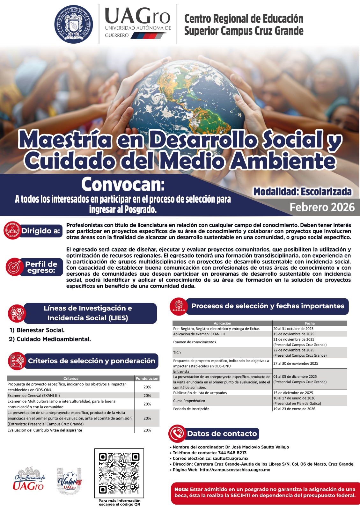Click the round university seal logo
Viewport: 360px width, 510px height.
(73, 24)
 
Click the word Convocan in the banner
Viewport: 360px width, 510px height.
(123, 184)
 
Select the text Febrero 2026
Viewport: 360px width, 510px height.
(322, 207)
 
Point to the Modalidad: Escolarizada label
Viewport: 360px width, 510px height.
(302, 192)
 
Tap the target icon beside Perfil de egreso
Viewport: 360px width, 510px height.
(14, 267)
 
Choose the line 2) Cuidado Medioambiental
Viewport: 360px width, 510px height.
(50, 339)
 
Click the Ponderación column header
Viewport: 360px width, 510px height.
(147, 378)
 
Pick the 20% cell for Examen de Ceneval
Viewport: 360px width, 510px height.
(147, 396)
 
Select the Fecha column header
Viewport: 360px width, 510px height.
(310, 323)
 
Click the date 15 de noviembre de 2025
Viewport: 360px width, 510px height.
(294, 334)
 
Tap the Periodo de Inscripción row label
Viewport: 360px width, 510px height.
(191, 409)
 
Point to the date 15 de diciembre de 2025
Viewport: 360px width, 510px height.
(293, 393)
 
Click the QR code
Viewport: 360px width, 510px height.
(119, 473)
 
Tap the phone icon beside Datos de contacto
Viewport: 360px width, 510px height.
(177, 433)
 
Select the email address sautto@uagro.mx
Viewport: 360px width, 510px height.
(231, 458)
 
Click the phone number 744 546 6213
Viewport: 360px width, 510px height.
(232, 453)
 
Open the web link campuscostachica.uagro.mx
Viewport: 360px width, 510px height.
(235, 470)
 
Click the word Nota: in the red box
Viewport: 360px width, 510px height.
(181, 489)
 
